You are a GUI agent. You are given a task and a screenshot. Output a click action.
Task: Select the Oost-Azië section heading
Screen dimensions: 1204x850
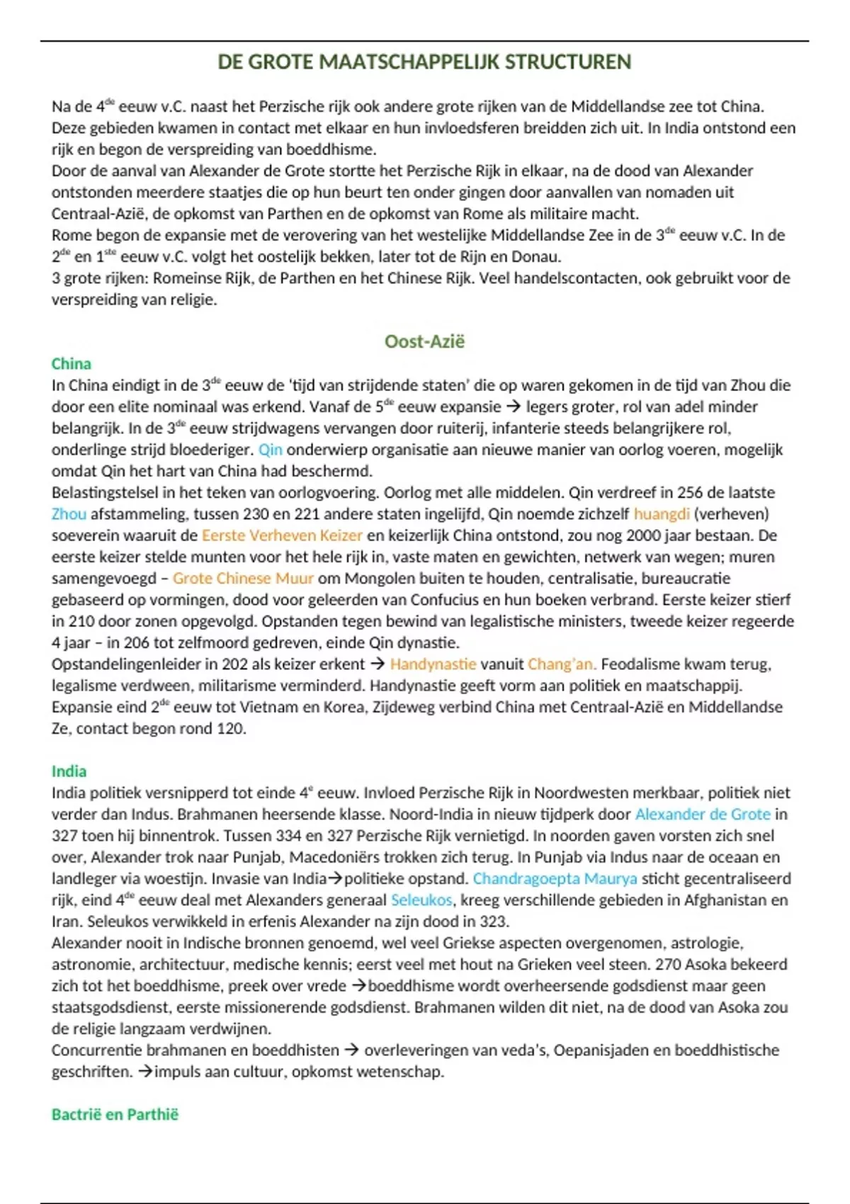click(x=424, y=341)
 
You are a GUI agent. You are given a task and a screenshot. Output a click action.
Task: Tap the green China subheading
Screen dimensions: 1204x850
click(x=71, y=364)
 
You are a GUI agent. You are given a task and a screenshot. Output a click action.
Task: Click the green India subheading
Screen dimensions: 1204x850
click(x=69, y=771)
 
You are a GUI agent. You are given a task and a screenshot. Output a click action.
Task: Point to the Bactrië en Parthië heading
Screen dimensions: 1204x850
click(x=115, y=1114)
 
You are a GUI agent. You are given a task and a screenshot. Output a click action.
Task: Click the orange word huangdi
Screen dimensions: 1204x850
click(x=661, y=513)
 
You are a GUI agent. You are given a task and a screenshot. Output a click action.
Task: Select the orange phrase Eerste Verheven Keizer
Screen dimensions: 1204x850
click(x=282, y=535)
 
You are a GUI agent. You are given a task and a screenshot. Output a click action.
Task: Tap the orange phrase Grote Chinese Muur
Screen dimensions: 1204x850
click(x=243, y=578)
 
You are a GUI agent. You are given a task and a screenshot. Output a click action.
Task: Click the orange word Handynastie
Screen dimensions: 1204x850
click(x=433, y=664)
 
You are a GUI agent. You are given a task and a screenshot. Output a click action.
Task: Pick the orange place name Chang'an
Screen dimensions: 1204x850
click(x=562, y=664)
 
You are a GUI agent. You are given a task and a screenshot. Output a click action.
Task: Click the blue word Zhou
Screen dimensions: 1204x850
click(x=69, y=513)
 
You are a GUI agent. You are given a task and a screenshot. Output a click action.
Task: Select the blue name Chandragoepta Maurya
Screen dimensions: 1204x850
click(x=555, y=879)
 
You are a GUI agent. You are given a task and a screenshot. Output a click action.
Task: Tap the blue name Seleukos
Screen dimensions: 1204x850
click(x=421, y=900)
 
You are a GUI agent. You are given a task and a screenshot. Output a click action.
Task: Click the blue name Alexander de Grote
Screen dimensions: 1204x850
click(x=702, y=814)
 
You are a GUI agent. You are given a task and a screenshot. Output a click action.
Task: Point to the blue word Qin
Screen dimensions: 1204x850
click(x=270, y=450)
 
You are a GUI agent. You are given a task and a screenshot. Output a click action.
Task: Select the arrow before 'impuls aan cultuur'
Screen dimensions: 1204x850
click(x=144, y=1072)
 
